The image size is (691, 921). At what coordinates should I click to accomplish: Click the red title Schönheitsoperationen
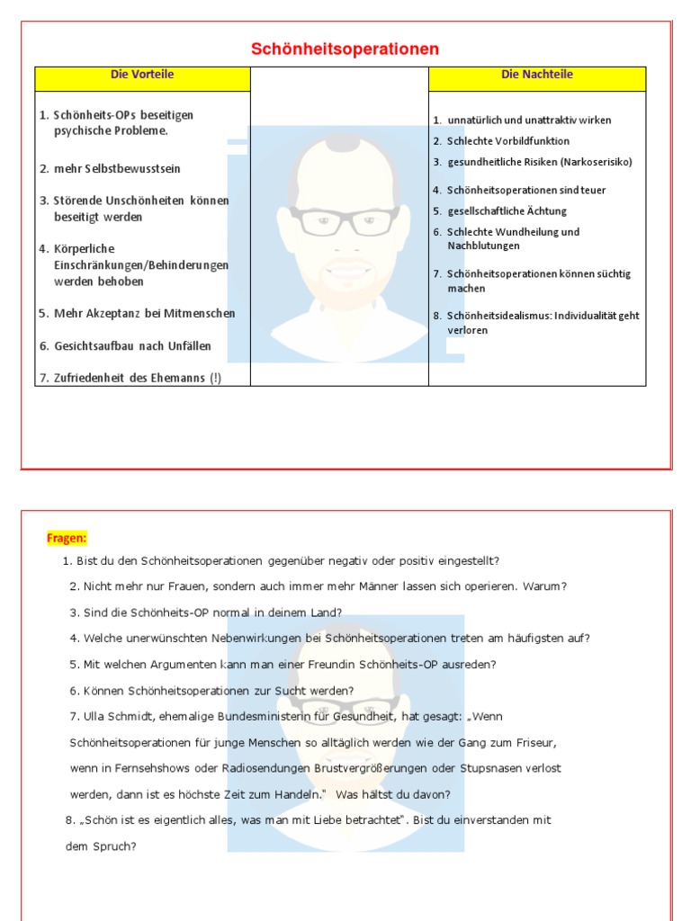345,49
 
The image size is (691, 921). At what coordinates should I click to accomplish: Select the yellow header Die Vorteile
142,75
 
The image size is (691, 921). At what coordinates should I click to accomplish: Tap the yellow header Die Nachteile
537,75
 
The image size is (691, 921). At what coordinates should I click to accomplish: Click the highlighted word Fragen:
67,538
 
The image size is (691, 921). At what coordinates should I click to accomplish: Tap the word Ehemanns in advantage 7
178,379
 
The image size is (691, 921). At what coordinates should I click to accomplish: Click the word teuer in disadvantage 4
593,191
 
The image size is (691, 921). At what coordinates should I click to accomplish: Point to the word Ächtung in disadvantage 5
546,211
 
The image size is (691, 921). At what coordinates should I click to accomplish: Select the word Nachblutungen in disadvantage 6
483,246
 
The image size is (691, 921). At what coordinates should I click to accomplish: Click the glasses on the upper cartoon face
345,220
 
